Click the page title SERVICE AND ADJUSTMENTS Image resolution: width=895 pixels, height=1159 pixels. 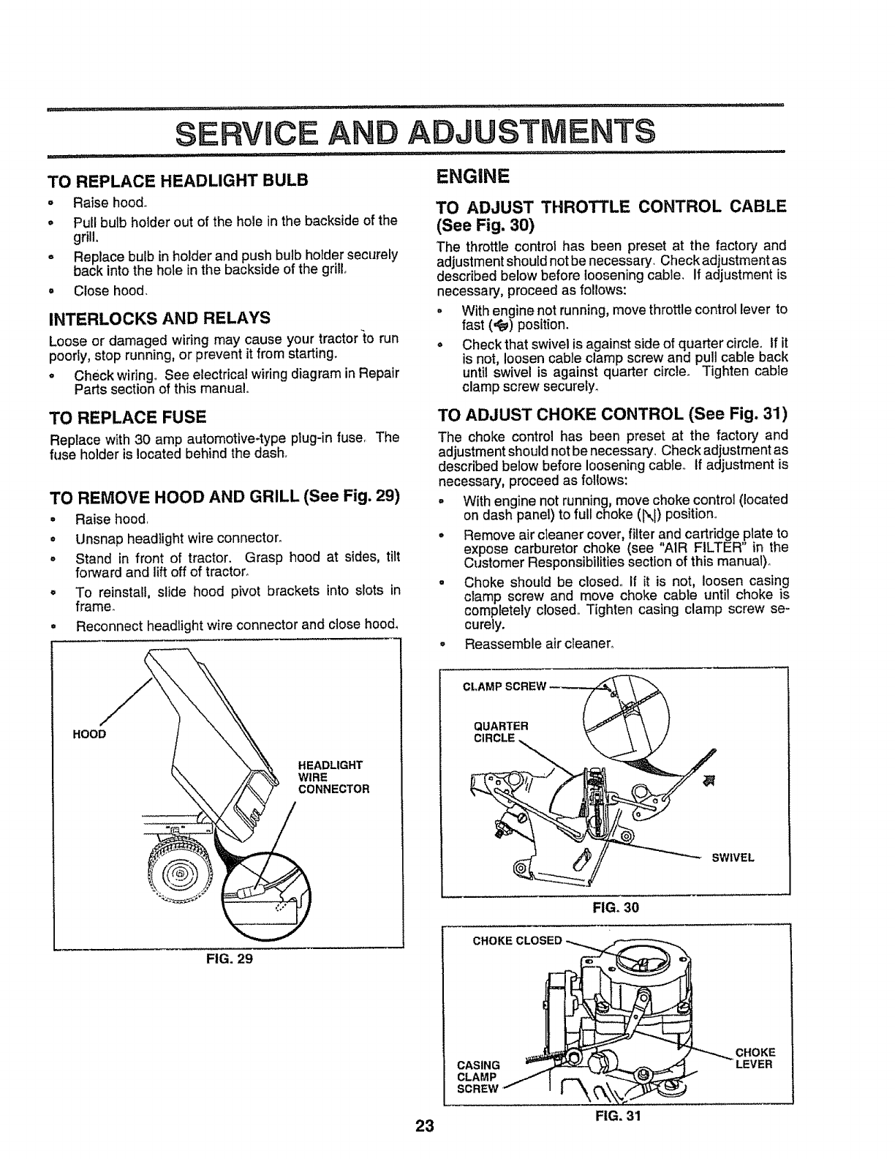(x=415, y=132)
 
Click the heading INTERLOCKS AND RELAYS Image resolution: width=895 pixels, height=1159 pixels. (x=159, y=318)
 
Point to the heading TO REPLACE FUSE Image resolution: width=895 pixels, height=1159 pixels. (x=126, y=418)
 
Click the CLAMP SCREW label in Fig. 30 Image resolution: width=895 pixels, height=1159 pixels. (x=505, y=686)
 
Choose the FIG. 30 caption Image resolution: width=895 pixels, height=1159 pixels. (x=616, y=908)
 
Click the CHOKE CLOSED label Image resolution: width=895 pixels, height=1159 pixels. (x=517, y=941)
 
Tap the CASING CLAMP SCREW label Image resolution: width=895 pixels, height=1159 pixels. (x=477, y=1076)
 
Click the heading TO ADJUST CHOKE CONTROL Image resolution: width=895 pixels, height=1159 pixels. (x=611, y=416)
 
